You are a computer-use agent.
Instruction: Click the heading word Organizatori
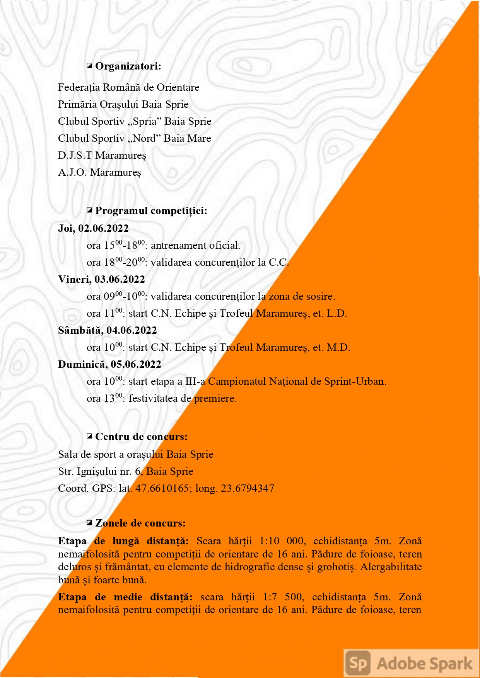point(128,66)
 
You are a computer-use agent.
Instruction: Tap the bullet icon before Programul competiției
point(90,211)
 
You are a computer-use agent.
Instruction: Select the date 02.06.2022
point(103,228)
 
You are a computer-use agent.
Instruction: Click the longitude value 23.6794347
point(248,488)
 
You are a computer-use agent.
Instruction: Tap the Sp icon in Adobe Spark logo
point(358,663)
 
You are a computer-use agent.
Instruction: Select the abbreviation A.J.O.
point(72,172)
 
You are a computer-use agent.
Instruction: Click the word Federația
point(79,87)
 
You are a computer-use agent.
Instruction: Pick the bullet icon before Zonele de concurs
point(90,523)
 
